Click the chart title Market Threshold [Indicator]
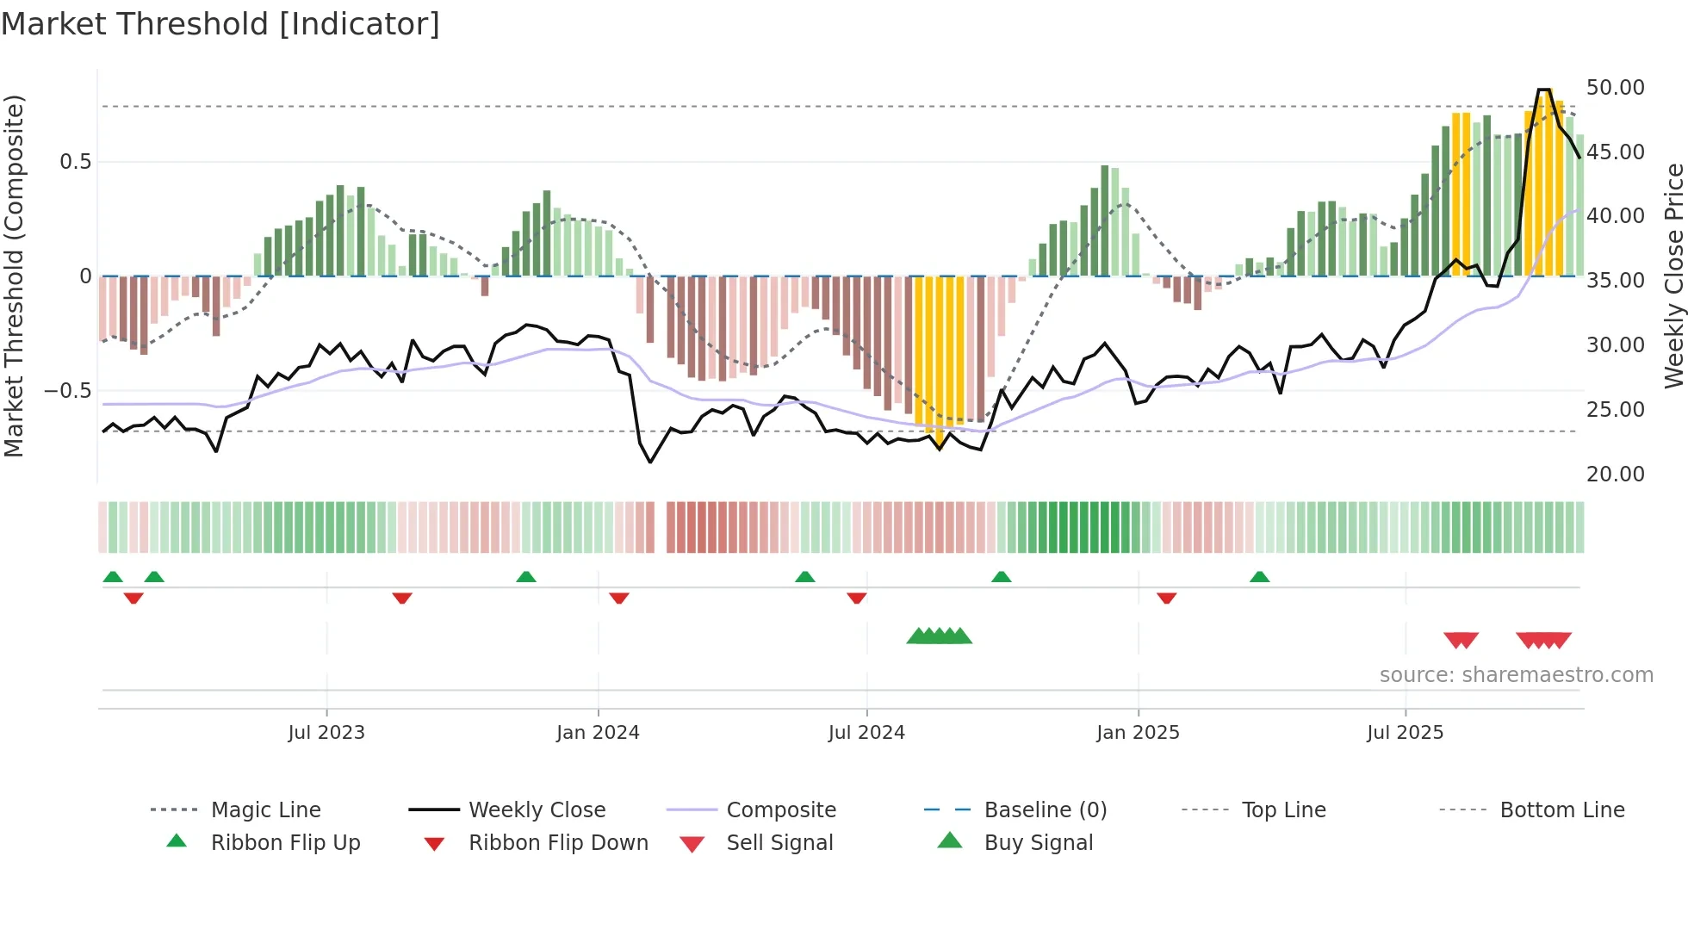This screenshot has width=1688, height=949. (220, 24)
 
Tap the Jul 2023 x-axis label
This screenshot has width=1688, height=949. (326, 733)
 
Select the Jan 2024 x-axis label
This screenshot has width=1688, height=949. (598, 733)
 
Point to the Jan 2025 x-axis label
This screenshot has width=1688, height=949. (1138, 733)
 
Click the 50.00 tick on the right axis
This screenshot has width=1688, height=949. (1615, 88)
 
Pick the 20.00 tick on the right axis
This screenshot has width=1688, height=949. (1615, 474)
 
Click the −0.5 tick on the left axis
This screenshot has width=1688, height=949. (68, 391)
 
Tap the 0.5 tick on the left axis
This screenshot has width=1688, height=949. (75, 162)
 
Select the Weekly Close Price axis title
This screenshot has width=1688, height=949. (1673, 276)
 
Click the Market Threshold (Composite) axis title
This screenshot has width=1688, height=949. (14, 276)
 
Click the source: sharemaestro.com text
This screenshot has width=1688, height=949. (1516, 675)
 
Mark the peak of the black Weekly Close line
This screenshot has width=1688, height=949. (1543, 90)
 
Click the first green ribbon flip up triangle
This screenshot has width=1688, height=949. (113, 577)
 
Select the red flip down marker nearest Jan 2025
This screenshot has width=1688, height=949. (1167, 598)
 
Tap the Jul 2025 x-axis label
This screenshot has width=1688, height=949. (1405, 733)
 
